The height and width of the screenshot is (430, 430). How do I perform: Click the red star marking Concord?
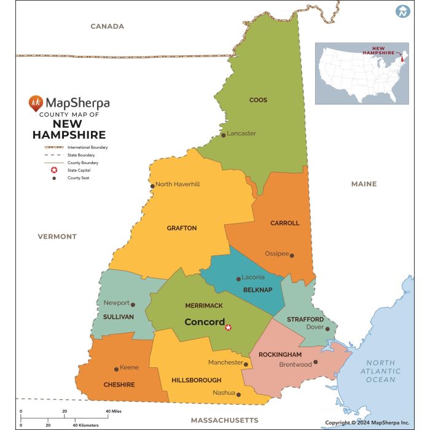(229, 327)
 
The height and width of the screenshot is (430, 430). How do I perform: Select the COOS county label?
(258, 100)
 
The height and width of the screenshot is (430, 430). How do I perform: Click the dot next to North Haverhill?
(152, 186)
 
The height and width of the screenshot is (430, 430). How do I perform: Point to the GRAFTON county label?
(182, 228)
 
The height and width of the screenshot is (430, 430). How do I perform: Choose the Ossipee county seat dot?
(292, 256)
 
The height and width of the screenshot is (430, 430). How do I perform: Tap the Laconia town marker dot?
(239, 279)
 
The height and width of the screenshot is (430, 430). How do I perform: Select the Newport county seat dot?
(133, 304)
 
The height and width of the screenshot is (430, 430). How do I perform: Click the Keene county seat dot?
(116, 369)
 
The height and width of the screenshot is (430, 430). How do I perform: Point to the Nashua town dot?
(239, 394)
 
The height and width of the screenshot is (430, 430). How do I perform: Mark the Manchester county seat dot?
(246, 364)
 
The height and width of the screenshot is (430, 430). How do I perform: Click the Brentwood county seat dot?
(316, 362)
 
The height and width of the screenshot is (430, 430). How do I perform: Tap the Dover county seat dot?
(327, 329)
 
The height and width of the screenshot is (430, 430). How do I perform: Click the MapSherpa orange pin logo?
(36, 103)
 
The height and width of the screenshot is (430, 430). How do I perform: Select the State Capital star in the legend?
(54, 170)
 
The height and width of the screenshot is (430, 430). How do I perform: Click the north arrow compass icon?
(403, 11)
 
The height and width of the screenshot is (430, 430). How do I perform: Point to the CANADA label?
(107, 26)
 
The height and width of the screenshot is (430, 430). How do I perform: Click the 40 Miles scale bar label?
(112, 411)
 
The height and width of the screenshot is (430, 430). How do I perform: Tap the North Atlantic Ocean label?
(380, 371)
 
